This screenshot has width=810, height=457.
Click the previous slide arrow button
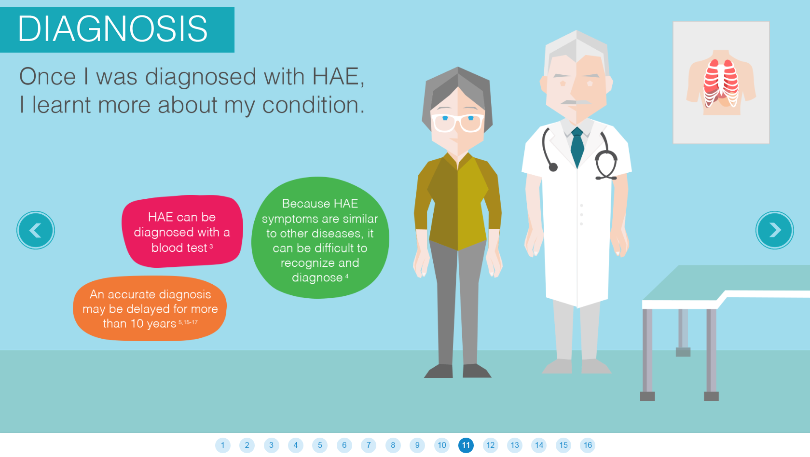click(35, 230)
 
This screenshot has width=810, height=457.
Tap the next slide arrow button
click(775, 230)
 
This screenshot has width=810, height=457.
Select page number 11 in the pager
click(466, 445)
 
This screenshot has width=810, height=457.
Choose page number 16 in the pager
click(588, 445)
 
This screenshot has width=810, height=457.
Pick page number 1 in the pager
click(223, 445)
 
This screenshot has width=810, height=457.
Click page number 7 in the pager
click(369, 445)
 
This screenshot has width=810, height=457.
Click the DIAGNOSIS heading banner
click(117, 29)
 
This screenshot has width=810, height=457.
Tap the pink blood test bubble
click(182, 232)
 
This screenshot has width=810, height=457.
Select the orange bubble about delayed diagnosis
click(150, 308)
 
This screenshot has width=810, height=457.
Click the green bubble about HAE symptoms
click(320, 238)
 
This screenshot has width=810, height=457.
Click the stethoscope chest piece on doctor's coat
click(553, 167)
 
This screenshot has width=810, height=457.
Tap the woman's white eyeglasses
click(457, 123)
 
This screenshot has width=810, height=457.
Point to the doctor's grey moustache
click(576, 102)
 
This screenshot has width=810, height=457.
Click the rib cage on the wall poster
click(721, 83)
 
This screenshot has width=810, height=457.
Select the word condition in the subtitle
click(314, 105)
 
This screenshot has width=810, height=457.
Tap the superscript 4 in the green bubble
click(347, 276)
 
